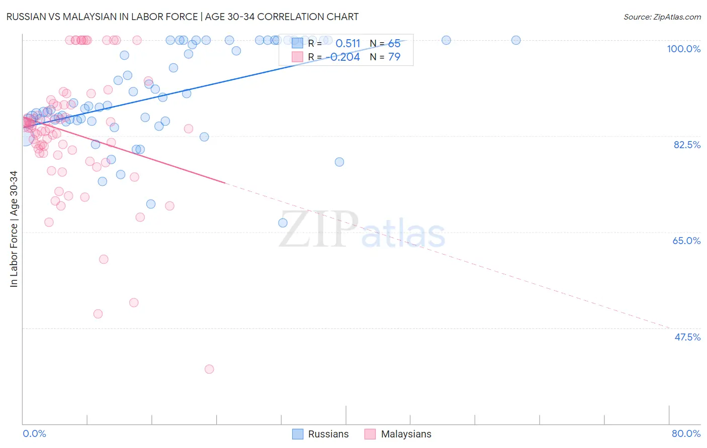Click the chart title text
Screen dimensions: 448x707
[182, 17]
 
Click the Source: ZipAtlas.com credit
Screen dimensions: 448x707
[662, 17]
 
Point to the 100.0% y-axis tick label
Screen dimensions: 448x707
[683, 49]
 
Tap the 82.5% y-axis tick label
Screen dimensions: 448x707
[687, 145]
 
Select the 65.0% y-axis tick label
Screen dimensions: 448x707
[686, 241]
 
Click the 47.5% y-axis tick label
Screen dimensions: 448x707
[687, 337]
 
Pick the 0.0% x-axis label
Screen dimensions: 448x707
[34, 433]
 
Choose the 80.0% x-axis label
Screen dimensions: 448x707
[686, 433]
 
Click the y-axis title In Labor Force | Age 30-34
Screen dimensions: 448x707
[14, 229]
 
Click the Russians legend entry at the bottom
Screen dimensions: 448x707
[320, 434]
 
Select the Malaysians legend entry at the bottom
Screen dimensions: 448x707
[398, 434]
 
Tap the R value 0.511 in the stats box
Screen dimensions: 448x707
[348, 44]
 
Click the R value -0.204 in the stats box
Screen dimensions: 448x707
[345, 57]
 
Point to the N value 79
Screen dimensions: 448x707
[394, 57]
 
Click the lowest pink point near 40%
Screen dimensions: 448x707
[209, 369]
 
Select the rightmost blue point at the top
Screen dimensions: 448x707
[516, 40]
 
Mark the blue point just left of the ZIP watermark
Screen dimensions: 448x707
[283, 222]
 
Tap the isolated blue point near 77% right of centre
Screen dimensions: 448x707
[339, 162]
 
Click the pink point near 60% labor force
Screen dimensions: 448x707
[104, 259]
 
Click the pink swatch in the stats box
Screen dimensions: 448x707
[298, 57]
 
